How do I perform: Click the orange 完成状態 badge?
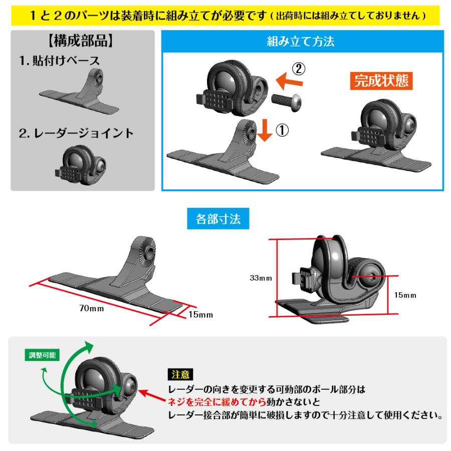click(x=380, y=81)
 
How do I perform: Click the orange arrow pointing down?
click(x=265, y=131)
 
